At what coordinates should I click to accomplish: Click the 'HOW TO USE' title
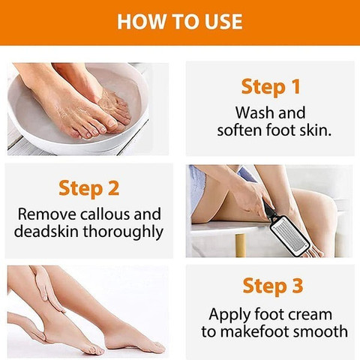180,21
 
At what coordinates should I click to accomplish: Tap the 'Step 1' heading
270,86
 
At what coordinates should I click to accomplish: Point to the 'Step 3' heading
270,286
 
